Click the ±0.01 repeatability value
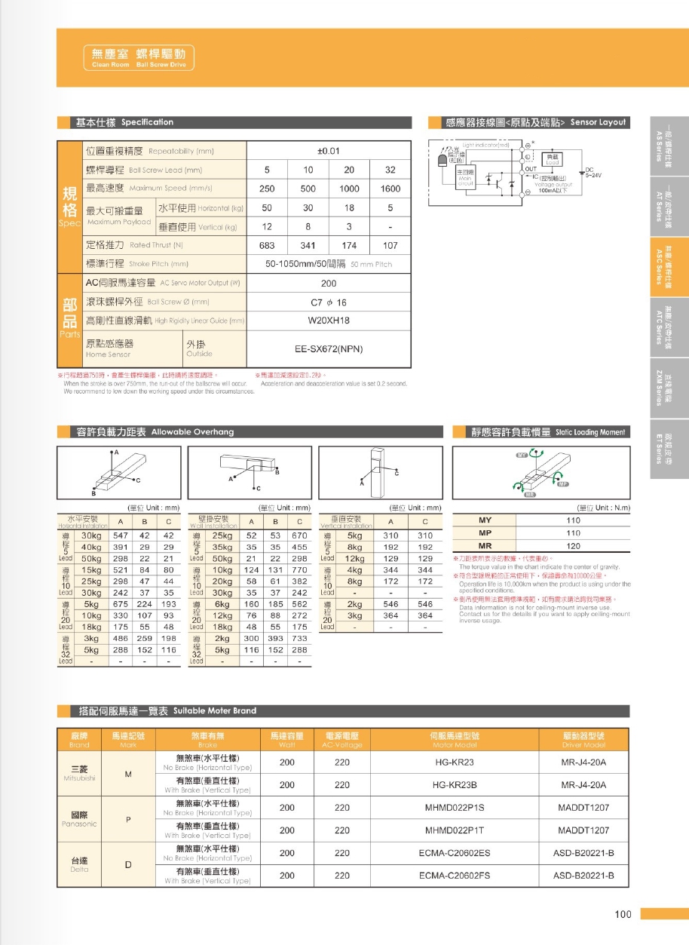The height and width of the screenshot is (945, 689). [329, 151]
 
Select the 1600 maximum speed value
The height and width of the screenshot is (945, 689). [390, 189]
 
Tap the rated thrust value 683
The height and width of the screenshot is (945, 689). [267, 245]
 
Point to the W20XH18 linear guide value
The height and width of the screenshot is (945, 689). [329, 320]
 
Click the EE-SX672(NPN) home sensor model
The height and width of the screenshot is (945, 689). [329, 349]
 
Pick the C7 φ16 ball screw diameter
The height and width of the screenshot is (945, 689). [329, 302]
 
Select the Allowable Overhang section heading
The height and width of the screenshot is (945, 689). [155, 432]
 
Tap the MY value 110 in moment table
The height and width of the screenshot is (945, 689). [573, 520]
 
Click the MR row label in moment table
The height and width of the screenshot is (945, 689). [485, 546]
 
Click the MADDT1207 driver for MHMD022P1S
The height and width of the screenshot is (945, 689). [583, 808]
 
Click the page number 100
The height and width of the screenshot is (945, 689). [623, 915]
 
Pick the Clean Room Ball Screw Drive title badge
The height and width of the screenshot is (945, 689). [139, 57]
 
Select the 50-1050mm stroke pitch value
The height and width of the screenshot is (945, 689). [329, 264]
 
